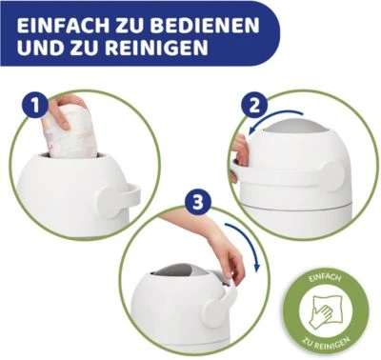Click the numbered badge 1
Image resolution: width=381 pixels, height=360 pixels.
tap(35, 105)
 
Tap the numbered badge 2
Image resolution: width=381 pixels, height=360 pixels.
tap(255, 107)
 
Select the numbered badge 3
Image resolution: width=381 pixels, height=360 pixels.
tap(198, 203)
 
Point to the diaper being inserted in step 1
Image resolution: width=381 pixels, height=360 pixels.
tap(70, 131)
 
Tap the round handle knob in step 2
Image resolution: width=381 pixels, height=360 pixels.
tap(331, 176)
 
